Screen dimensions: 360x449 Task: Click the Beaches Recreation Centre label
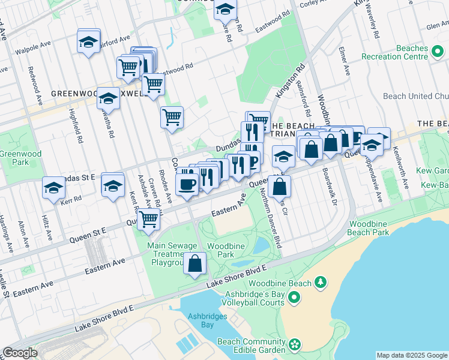coord(394,53)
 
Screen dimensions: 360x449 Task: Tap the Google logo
coord(20,353)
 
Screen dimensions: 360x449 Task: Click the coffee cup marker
coord(187,184)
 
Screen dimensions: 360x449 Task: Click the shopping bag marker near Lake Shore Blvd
coord(195,264)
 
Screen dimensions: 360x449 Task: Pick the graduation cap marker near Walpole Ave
coord(89,43)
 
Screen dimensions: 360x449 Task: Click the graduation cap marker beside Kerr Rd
coord(53,188)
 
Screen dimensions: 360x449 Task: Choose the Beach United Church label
coord(415,96)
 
